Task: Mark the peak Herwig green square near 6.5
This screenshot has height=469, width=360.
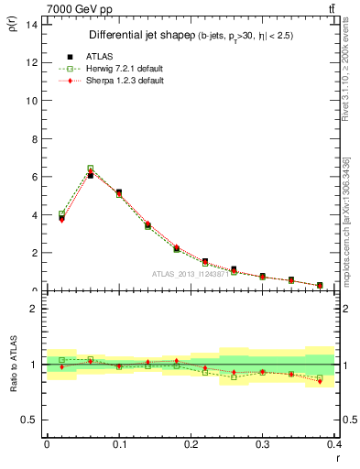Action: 90,169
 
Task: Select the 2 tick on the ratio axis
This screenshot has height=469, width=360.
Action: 33,309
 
